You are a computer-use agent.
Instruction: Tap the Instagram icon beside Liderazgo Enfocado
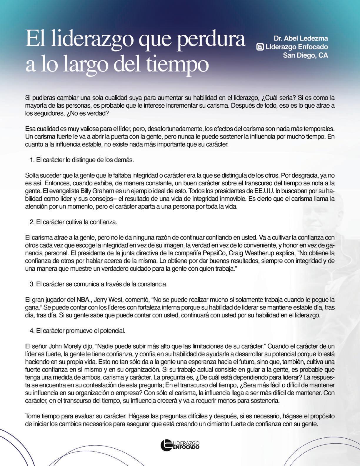coord(260,47)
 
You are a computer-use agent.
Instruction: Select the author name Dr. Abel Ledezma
coord(301,38)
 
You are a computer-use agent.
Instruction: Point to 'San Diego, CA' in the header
coord(305,55)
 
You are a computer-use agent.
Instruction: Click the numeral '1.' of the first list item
coord(32,160)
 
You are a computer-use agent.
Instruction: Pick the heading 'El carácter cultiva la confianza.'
coord(76,222)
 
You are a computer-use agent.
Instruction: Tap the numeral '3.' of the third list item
coord(32,284)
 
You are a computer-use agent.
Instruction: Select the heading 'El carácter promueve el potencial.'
coord(81,331)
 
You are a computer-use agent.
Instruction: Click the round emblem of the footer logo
coord(166,445)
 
